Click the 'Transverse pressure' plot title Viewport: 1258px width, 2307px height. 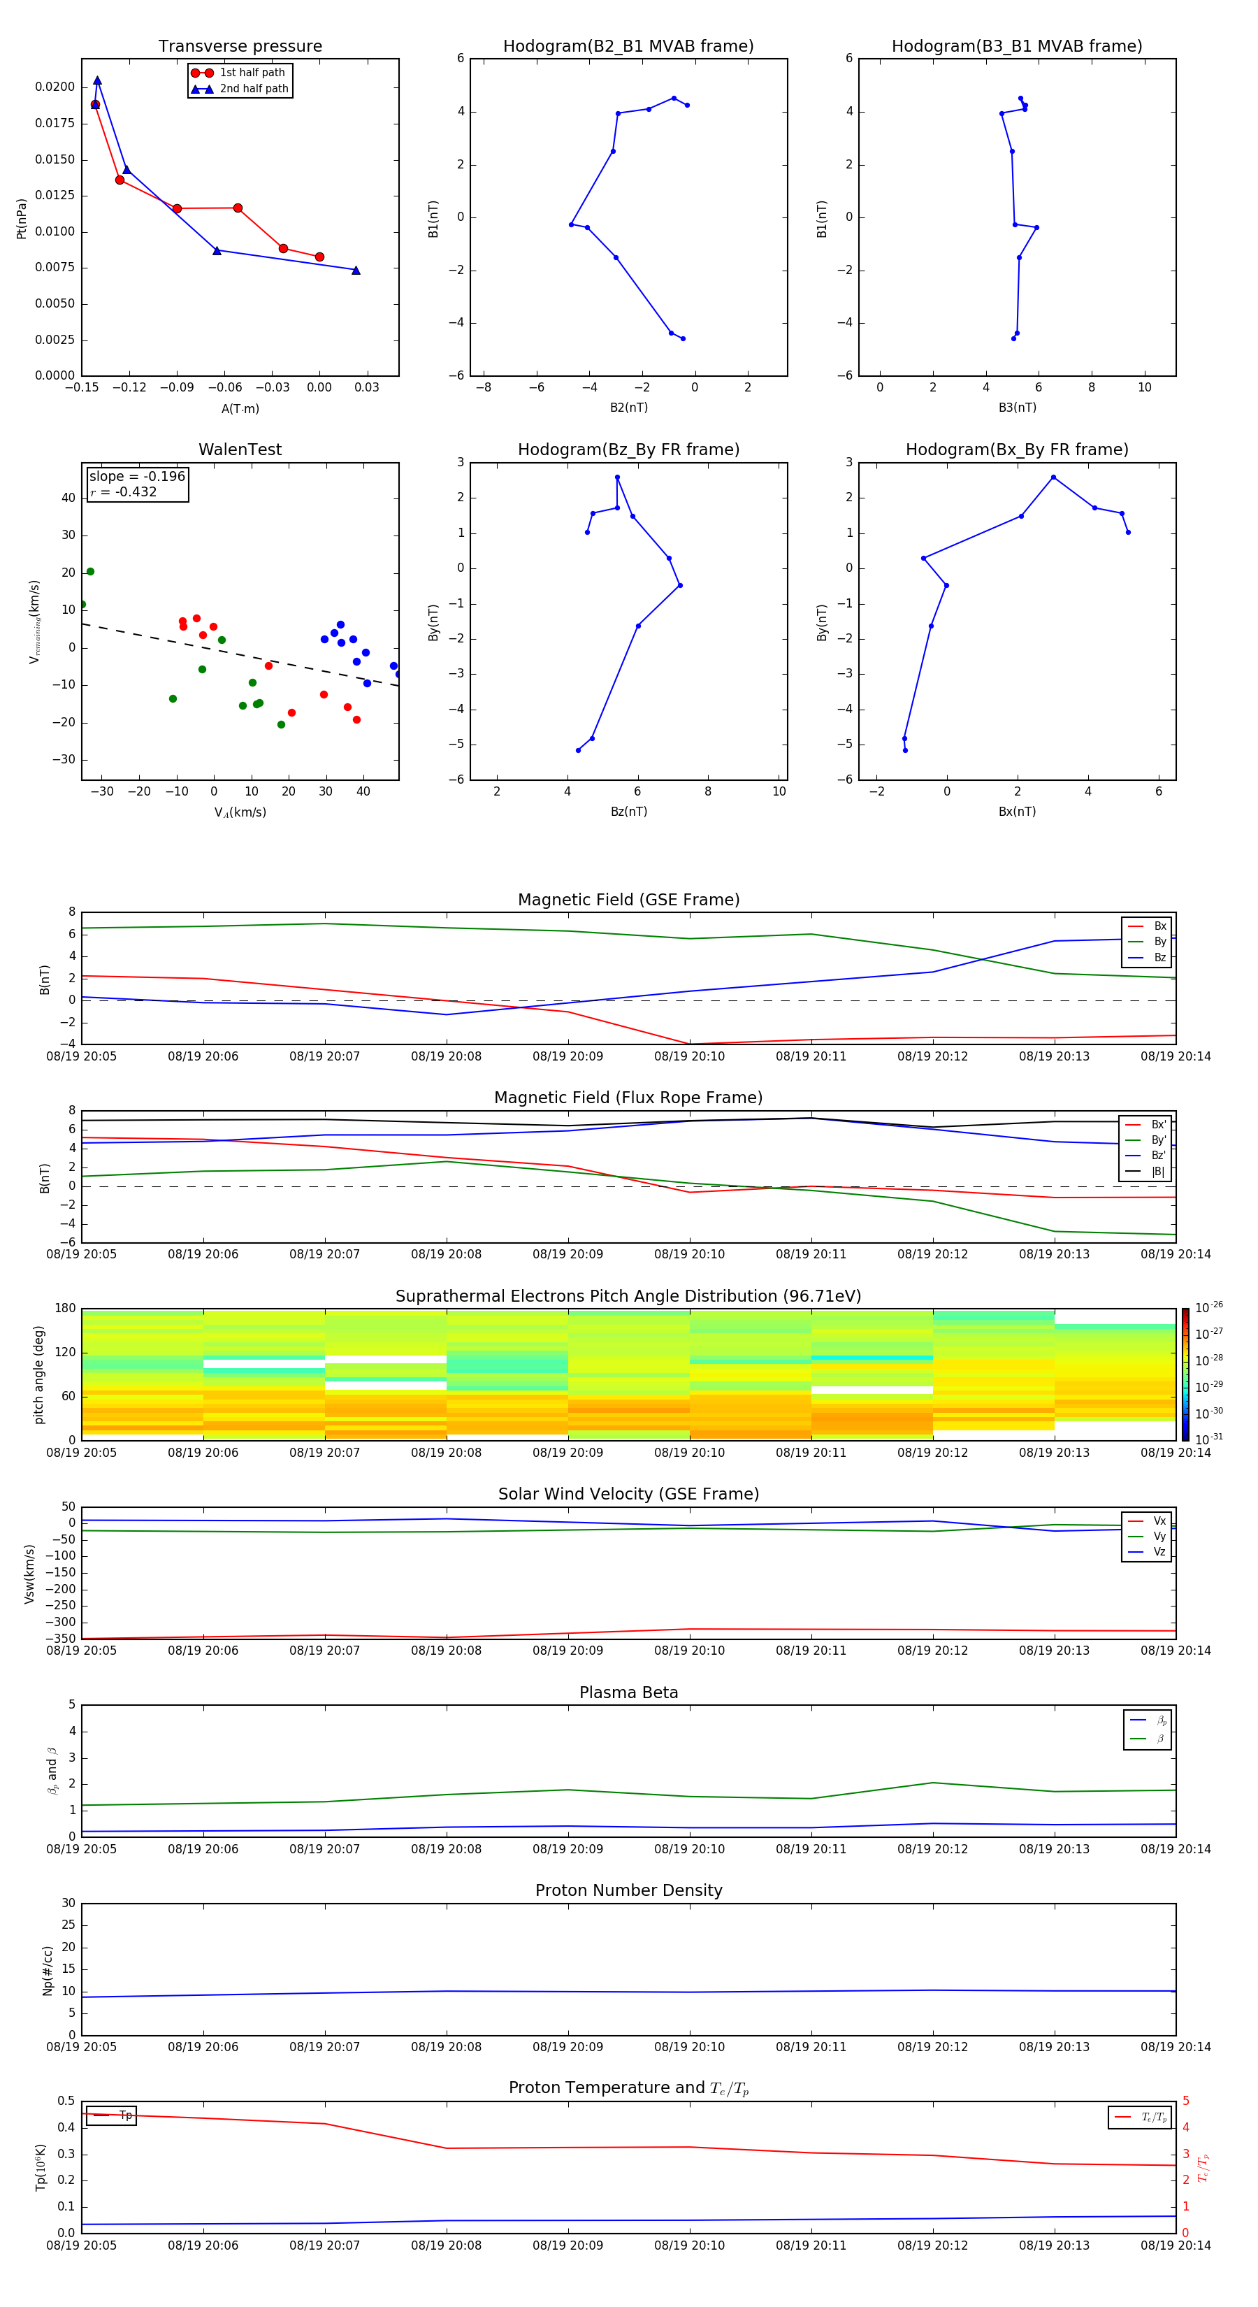tap(240, 47)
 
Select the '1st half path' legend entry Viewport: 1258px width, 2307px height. tap(252, 73)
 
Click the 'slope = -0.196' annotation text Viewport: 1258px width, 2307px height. tap(137, 477)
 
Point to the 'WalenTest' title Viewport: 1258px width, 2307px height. tap(240, 450)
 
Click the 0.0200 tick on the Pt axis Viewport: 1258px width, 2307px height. tap(55, 87)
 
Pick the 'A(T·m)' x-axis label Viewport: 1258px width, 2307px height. tap(240, 409)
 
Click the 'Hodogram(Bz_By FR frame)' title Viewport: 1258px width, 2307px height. tap(628, 450)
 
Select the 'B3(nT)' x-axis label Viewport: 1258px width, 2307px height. tap(1017, 408)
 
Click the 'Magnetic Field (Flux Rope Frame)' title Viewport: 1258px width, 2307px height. tap(628, 1098)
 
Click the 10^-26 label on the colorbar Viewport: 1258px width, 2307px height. tap(1209, 1307)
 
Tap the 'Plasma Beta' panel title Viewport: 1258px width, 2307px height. tap(628, 1692)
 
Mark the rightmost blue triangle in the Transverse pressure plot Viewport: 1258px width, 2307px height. tap(356, 271)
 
